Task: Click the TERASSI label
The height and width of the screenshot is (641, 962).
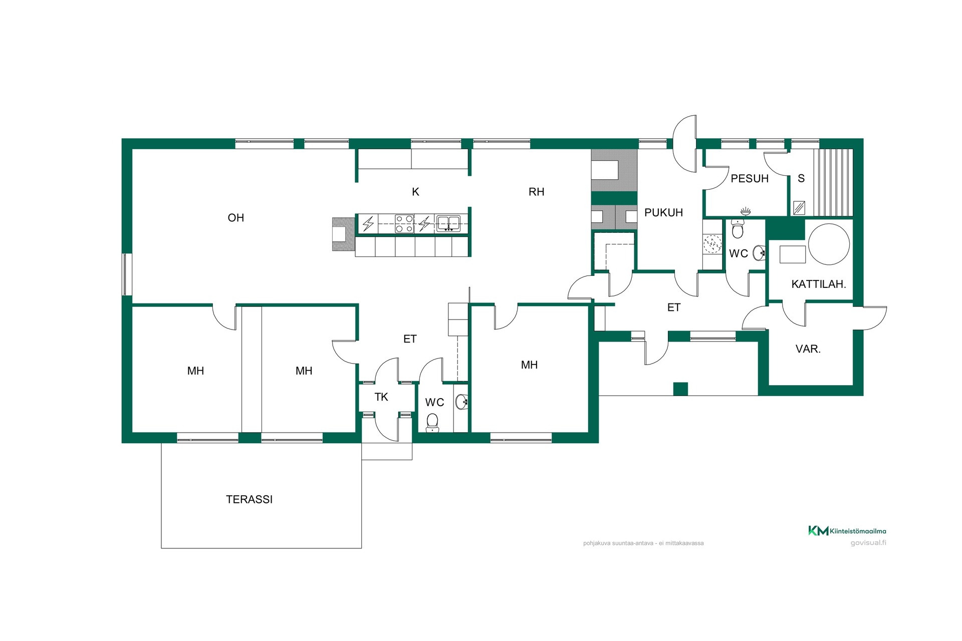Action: point(249,499)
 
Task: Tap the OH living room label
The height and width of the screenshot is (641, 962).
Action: point(236,218)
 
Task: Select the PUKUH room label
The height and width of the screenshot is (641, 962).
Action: point(663,213)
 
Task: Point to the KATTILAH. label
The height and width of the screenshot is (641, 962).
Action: point(819,284)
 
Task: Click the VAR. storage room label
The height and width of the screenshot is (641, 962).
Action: point(808,349)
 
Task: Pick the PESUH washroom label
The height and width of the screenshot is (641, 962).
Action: point(750,179)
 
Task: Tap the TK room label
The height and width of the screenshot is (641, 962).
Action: point(381,397)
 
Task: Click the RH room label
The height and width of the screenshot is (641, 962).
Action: point(536,192)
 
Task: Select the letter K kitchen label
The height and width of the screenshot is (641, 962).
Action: point(415,192)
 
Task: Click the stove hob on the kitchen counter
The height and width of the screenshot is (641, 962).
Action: point(404,224)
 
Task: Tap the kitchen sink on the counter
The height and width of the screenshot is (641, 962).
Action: point(448,223)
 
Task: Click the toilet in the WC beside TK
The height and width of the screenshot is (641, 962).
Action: point(432,423)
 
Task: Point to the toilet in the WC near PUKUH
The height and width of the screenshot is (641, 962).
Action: point(737,229)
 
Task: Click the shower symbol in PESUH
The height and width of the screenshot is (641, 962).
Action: point(746,211)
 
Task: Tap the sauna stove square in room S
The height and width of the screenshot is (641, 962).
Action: point(799,207)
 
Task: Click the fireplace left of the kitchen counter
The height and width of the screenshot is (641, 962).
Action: point(343,234)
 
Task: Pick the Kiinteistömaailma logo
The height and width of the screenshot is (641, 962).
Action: point(847,531)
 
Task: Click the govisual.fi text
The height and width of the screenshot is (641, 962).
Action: point(868,543)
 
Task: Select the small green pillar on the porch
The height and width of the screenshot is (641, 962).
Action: point(680,389)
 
